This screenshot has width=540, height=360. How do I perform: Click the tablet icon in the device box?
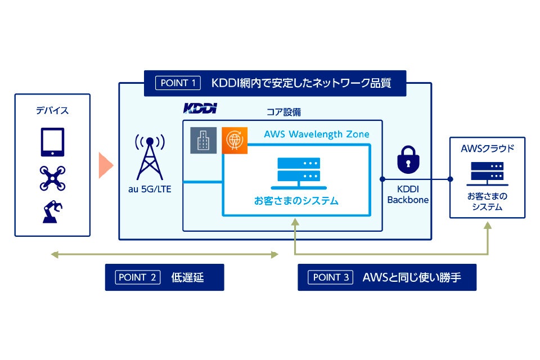52,142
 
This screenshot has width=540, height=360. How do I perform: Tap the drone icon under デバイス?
52,178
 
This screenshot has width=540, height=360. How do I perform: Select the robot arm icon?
52,211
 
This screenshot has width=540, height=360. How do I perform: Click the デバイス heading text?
52,110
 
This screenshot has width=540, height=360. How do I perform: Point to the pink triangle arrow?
105,165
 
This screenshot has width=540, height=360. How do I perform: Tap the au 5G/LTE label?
150,189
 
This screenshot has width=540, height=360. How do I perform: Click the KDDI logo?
200,108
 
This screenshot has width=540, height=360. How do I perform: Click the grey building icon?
202,140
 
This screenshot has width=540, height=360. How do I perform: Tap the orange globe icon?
233,140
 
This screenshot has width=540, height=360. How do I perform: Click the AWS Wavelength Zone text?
317,134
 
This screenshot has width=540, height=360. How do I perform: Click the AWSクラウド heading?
487,149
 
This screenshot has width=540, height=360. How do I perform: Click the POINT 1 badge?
178,83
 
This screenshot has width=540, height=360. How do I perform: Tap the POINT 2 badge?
138,277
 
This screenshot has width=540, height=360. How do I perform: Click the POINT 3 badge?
331,277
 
